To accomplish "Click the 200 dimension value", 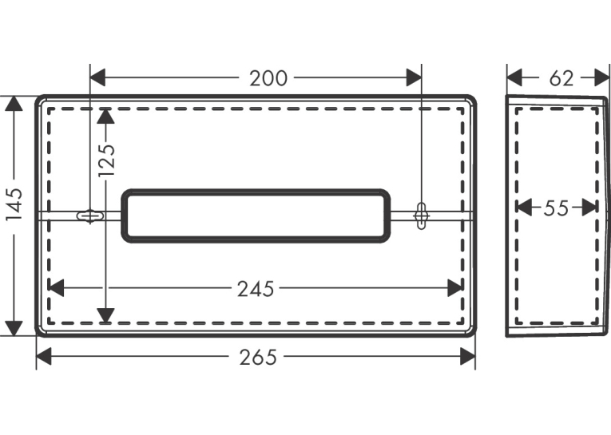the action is coord(268,78).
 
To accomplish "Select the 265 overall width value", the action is coord(257,357).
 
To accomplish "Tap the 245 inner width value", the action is coord(256,289).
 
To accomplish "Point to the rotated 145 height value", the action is coord(14,204).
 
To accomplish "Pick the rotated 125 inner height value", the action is coord(106,160).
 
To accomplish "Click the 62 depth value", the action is coord(561,78).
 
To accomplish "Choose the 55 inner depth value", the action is coord(556,208).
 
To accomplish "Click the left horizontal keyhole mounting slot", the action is coord(90,216).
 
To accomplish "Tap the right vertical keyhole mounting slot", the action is coord(422,216).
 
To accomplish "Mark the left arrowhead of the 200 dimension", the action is coord(97,77).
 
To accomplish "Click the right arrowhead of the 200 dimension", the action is coord(414,77).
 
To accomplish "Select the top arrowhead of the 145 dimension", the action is coord(14,103).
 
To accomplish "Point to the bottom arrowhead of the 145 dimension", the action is coord(14,328).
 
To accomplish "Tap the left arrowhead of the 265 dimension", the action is coord(44,356).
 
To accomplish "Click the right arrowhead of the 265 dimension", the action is coord(467,356).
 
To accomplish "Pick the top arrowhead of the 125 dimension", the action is coord(105,116).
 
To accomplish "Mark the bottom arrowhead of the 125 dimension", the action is coord(105,316).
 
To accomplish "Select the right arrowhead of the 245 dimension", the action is coord(455,288).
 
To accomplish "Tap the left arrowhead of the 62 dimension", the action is coord(514,77).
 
